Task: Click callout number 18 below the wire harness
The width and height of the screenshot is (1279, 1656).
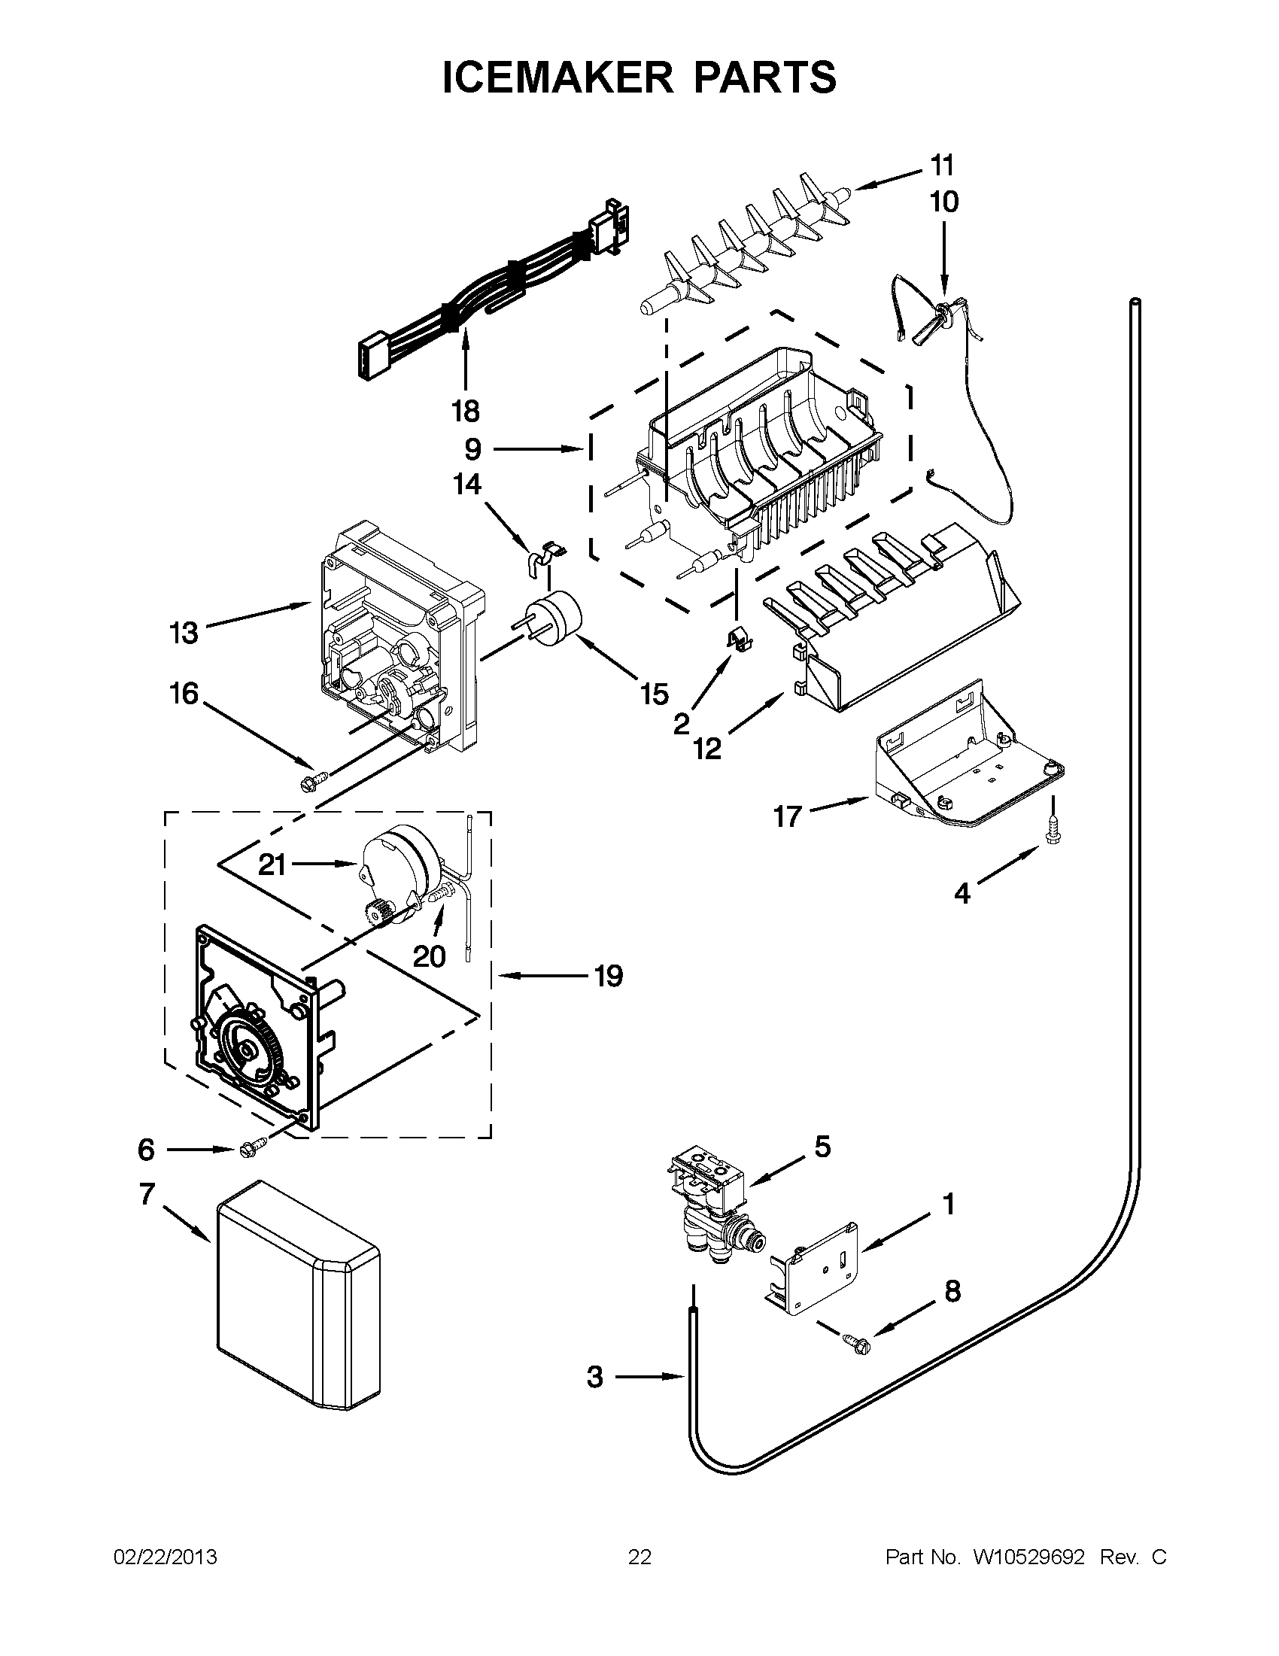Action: (465, 411)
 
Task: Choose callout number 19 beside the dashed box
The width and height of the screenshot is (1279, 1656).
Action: (608, 976)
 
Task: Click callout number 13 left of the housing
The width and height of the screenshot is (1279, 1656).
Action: (184, 631)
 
